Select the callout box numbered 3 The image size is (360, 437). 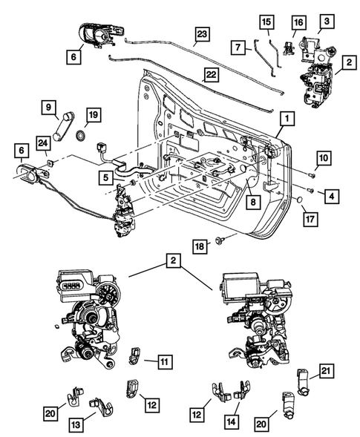325,21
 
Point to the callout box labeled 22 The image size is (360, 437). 212,75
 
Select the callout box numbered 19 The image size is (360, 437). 92,115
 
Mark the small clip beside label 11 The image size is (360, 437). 136,355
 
